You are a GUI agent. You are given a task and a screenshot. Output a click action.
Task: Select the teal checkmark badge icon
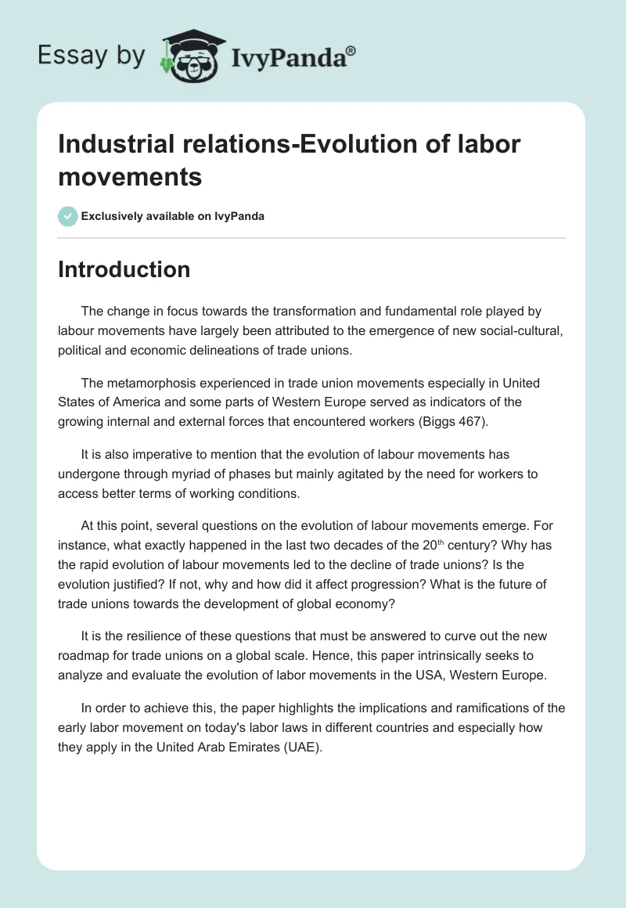pyautogui.click(x=68, y=216)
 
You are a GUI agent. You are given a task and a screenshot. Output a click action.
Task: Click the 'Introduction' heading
pyautogui.click(x=124, y=269)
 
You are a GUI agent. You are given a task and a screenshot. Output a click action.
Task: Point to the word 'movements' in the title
pyautogui.click(x=131, y=176)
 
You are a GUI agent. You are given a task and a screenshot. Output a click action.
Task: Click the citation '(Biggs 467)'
pyautogui.click(x=452, y=421)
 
